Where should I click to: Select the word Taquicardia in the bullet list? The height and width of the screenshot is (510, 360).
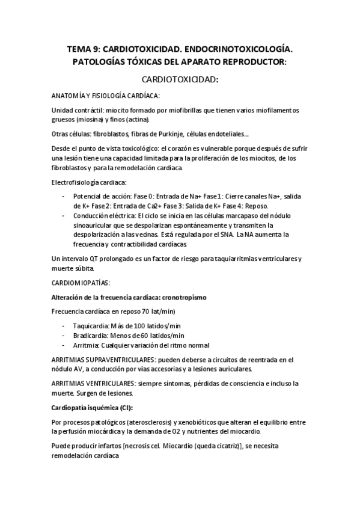pyautogui.click(x=90, y=325)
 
